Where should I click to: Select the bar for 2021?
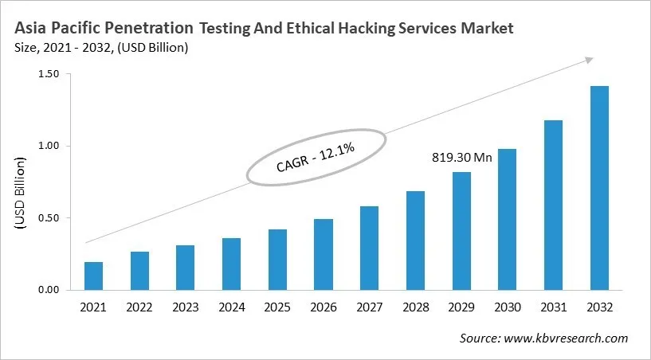[x=94, y=276]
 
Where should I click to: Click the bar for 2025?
[x=277, y=260]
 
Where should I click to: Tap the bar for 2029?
[x=461, y=231]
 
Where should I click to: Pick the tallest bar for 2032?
[x=599, y=188]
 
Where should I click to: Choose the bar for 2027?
[x=369, y=248]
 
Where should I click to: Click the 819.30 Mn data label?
[x=461, y=158]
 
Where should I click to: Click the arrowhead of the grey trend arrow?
[x=589, y=60]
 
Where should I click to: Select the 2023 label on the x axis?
[x=186, y=307]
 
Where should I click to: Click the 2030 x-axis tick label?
[x=508, y=307]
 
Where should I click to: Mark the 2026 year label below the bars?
[x=324, y=307]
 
